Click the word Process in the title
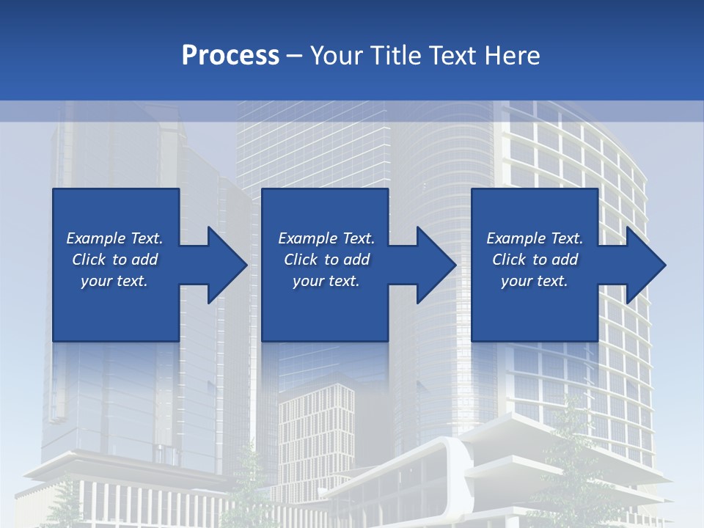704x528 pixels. coord(230,56)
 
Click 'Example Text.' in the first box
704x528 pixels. coord(114,238)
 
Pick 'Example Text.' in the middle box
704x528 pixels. coord(326,238)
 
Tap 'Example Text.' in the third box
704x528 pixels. coord(535,238)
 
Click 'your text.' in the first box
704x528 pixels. coord(114,281)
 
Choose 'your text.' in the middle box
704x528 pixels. coord(326,281)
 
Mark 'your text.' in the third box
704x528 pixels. coord(535,281)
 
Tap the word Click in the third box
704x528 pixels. coord(510,260)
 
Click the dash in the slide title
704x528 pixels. coord(295,56)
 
